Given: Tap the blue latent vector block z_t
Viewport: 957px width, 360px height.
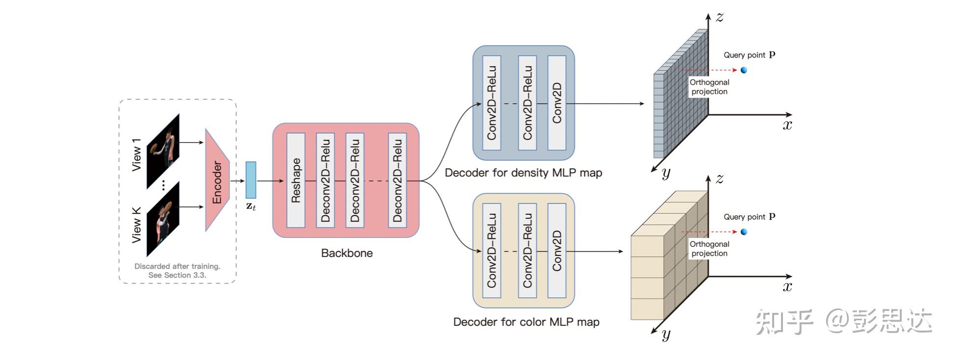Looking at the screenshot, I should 251,180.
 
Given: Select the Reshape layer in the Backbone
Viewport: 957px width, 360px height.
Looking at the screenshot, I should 296,180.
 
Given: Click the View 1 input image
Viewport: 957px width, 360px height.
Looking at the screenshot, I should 163,151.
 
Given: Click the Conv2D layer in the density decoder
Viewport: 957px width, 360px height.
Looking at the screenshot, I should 556,103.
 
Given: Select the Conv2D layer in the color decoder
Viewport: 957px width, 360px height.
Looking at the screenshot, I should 556,251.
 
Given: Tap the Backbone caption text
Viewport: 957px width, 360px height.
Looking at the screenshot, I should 347,253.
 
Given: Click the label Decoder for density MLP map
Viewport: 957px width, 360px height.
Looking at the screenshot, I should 523,173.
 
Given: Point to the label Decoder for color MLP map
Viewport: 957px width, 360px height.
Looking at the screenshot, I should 526,322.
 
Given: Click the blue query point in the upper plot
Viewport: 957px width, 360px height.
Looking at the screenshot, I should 744,70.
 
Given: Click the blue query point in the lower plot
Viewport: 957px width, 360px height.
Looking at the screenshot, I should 744,232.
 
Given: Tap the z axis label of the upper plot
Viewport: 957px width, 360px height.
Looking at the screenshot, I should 719,17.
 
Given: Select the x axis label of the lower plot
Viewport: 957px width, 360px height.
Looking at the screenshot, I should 787,287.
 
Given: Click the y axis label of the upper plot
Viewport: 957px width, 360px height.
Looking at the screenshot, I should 666,173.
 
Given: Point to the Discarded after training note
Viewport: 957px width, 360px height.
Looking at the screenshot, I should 177,271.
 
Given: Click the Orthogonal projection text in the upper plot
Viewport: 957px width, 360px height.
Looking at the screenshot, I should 709,87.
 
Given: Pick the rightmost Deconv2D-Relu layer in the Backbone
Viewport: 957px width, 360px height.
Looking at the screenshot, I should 397,180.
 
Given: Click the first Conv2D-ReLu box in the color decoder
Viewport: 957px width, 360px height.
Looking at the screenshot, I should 491,251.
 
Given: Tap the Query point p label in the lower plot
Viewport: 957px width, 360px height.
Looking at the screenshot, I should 749,217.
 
